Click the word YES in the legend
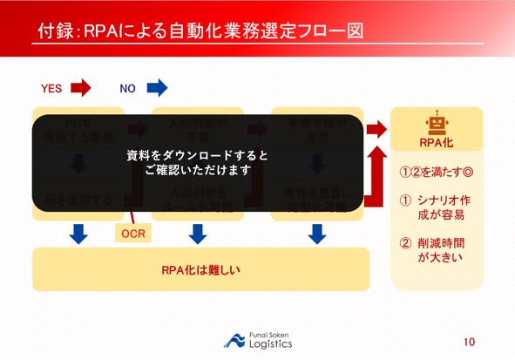click(x=51, y=88)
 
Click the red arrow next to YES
click(x=80, y=87)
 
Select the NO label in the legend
click(x=128, y=88)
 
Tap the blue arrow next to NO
click(x=157, y=87)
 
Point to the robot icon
click(x=436, y=124)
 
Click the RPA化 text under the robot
click(x=436, y=142)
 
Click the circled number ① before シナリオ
click(x=405, y=200)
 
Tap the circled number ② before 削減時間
click(x=405, y=243)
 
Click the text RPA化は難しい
click(x=200, y=269)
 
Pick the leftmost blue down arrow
click(x=78, y=234)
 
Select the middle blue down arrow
click(x=198, y=234)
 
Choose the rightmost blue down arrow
click(x=317, y=234)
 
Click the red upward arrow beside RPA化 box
click(x=376, y=170)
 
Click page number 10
click(x=470, y=342)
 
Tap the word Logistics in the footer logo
click(x=271, y=344)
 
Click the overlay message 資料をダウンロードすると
click(x=198, y=155)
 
